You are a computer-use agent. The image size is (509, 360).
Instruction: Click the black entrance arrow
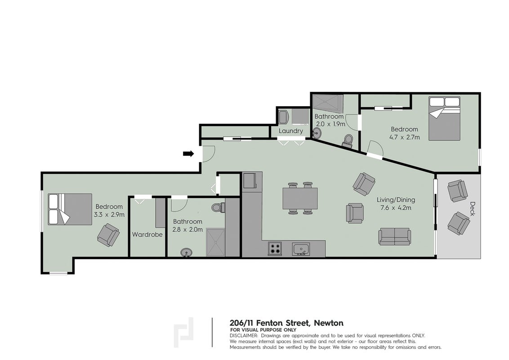pyautogui.click(x=188, y=153)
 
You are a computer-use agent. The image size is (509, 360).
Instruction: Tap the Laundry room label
pyautogui.click(x=290, y=130)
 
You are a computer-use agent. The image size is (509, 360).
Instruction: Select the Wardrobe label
pyautogui.click(x=147, y=234)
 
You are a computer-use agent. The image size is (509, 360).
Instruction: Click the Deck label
pyautogui.click(x=472, y=209)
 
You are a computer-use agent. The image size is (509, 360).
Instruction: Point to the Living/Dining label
pyautogui.click(x=396, y=200)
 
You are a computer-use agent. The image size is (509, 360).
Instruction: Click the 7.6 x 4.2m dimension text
pyautogui.click(x=396, y=208)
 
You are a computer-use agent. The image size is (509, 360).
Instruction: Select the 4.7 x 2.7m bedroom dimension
pyautogui.click(x=405, y=137)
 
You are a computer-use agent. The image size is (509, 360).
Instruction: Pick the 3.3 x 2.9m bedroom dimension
pyautogui.click(x=109, y=215)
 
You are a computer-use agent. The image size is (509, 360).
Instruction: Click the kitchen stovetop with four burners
pyautogui.click(x=275, y=249)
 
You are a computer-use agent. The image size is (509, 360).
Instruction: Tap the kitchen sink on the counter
pyautogui.click(x=301, y=249)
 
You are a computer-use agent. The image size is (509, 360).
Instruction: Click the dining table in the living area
pyautogui.click(x=300, y=198)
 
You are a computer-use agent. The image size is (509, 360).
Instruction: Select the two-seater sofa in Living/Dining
pyautogui.click(x=394, y=237)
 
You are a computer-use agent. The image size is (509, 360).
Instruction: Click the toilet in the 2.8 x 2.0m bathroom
pyautogui.click(x=218, y=207)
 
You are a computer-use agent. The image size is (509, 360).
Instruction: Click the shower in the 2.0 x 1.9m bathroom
pyautogui.click(x=327, y=103)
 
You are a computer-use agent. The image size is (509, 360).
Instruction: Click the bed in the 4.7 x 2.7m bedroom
pyautogui.click(x=444, y=119)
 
